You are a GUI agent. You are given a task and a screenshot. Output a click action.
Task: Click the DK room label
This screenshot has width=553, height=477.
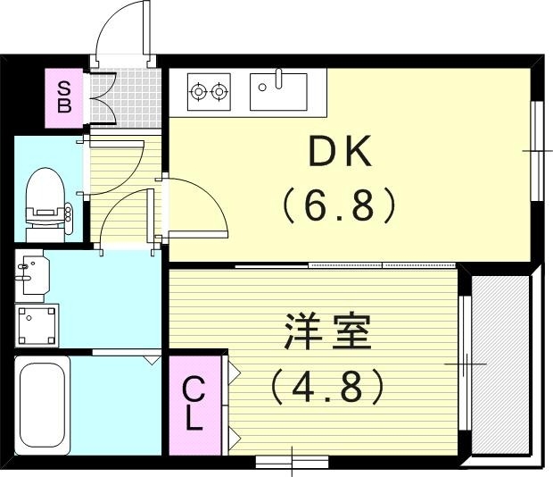[339, 154]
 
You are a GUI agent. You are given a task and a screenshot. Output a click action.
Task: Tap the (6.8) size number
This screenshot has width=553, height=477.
[339, 207]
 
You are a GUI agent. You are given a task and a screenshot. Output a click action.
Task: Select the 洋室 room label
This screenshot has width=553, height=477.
[327, 334]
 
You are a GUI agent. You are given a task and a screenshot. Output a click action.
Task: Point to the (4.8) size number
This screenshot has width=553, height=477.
[327, 386]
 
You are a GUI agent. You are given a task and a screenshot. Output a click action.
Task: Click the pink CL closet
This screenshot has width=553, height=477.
[194, 405]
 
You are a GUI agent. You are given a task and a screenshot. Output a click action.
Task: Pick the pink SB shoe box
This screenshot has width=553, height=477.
[64, 96]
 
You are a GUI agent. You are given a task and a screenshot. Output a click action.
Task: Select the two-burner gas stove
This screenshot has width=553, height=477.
[208, 90]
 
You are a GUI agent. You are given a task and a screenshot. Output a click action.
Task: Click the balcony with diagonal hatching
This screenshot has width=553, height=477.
[502, 362]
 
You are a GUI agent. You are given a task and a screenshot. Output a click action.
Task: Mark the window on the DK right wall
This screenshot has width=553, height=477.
[537, 152]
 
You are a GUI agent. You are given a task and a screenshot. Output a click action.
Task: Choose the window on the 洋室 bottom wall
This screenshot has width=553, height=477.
[292, 462]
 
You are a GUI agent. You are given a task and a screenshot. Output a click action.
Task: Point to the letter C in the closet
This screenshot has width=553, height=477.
[194, 391]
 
